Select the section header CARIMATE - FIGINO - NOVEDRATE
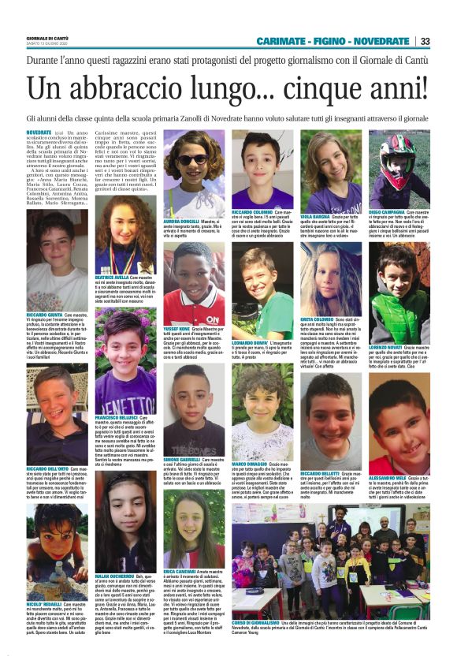332,41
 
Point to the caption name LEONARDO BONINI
250,344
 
